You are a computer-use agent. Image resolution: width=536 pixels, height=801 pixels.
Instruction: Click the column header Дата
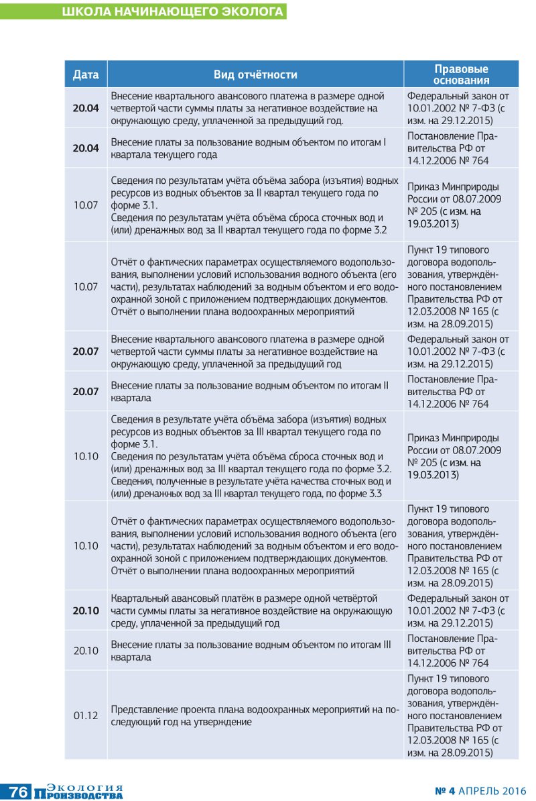[x=86, y=74]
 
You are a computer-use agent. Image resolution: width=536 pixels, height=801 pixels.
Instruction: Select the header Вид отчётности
[x=255, y=74]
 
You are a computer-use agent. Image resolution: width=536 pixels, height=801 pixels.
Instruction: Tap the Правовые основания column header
[x=461, y=74]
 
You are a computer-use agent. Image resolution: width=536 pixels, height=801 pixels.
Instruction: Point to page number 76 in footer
[x=18, y=792]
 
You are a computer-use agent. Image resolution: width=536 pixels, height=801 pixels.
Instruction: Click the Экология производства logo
[x=86, y=792]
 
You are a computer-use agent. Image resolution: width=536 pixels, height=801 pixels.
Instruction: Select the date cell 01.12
[x=86, y=715]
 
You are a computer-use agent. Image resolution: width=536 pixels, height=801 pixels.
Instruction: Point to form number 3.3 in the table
[x=373, y=494]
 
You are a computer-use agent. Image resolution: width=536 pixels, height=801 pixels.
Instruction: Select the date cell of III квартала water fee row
[x=86, y=651]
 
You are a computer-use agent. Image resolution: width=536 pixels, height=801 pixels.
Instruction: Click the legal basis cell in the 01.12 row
[x=461, y=716]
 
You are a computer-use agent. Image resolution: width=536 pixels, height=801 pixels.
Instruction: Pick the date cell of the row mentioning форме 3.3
[x=86, y=456]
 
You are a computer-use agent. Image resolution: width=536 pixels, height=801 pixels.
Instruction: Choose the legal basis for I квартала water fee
[x=461, y=148]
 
